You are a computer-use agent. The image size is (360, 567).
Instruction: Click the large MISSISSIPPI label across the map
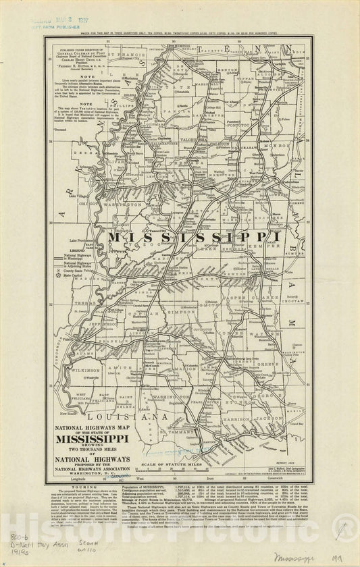click(194, 237)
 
